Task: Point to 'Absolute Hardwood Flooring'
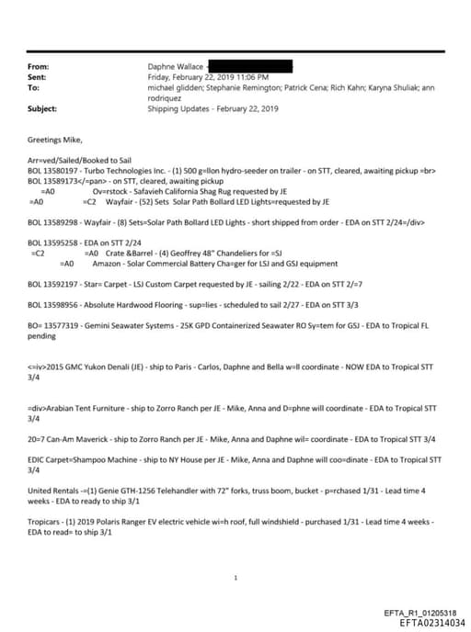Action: pyautogui.click(x=131, y=303)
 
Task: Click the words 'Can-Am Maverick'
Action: pyautogui.click(x=74, y=439)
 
